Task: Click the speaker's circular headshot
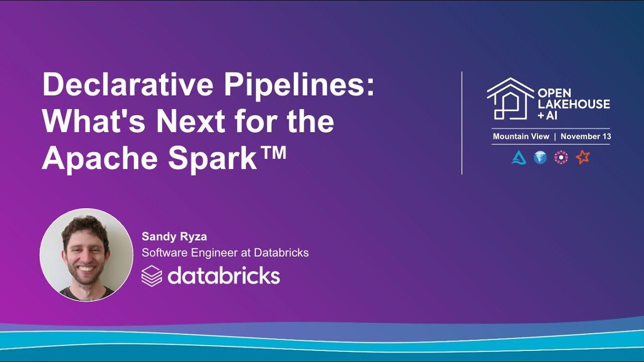87,255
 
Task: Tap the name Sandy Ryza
174,236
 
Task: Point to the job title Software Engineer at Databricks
225,252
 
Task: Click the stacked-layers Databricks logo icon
151,276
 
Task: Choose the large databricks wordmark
223,276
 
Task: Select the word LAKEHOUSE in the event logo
574,104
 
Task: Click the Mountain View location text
521,137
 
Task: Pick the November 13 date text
586,137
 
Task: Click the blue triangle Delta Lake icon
519,158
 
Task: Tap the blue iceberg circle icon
540,158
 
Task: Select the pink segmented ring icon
561,158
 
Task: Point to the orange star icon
583,157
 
